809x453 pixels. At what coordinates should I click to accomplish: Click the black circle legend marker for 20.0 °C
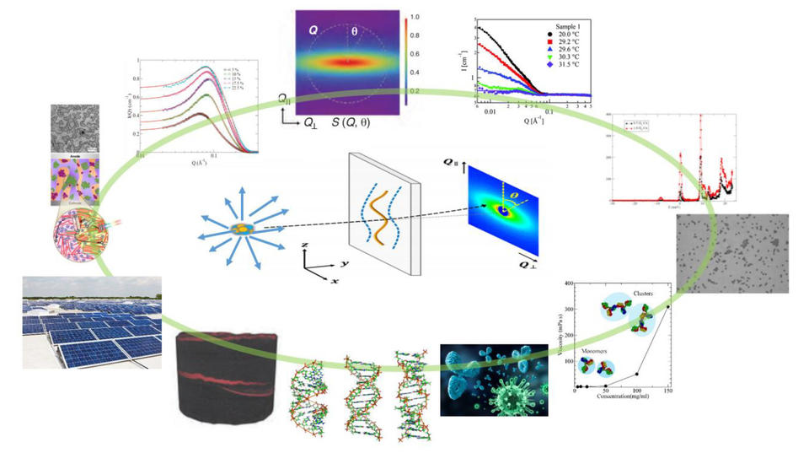click(549, 35)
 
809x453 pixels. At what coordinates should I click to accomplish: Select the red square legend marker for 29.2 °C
click(549, 44)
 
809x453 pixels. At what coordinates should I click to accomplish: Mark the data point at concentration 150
click(668, 307)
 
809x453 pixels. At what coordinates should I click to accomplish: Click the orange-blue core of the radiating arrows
click(240, 228)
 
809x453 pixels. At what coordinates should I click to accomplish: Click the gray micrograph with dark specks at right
click(732, 254)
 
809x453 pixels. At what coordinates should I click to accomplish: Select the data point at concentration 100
click(637, 374)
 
